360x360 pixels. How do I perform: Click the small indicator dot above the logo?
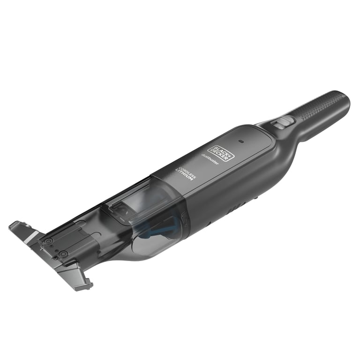pyautogui.click(x=240, y=141)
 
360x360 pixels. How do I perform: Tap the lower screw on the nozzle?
pyautogui.click(x=63, y=255)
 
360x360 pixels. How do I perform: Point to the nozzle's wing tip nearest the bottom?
pyautogui.click(x=84, y=284)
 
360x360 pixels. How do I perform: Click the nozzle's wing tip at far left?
pyautogui.click(x=14, y=225)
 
